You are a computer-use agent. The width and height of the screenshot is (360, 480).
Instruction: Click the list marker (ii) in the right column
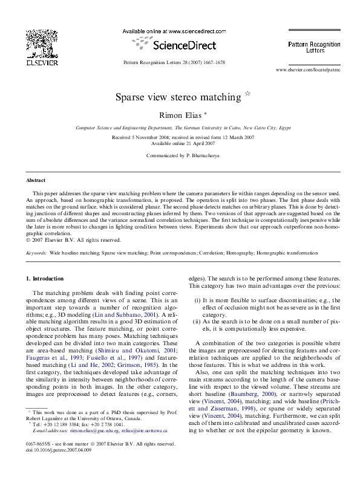pos(197,323)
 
